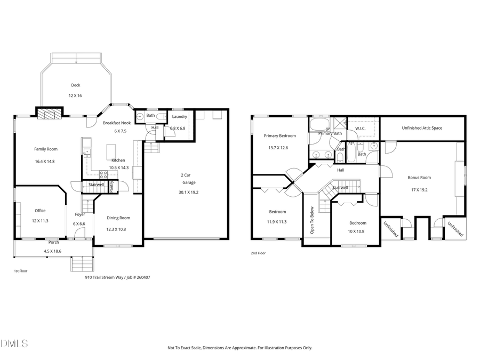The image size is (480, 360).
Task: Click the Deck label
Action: click(x=76, y=85)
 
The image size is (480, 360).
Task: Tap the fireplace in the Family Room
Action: click(x=49, y=113)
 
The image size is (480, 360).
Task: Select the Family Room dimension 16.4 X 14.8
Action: click(x=45, y=161)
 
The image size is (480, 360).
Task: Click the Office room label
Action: click(x=40, y=211)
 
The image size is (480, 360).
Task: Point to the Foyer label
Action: click(x=79, y=214)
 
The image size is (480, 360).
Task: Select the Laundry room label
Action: click(x=179, y=116)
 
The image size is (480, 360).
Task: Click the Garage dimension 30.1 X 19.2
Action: click(x=188, y=192)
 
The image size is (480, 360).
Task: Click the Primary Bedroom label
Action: click(x=279, y=136)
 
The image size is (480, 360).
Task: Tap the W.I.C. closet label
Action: click(x=359, y=129)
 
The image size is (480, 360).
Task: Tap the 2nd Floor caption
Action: click(x=258, y=253)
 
